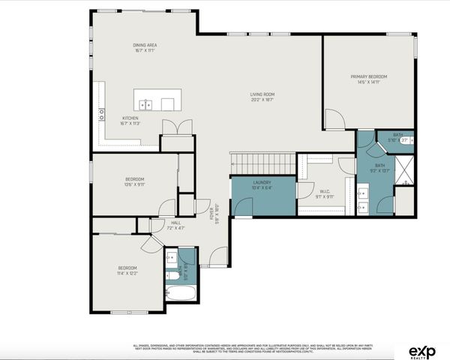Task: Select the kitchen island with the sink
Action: (157, 101)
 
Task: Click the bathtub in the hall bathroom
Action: (180, 292)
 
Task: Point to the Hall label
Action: (175, 223)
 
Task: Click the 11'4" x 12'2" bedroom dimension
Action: (127, 274)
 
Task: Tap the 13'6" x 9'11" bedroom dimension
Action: (134, 184)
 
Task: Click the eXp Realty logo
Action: (424, 350)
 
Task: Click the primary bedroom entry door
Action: (334, 118)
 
